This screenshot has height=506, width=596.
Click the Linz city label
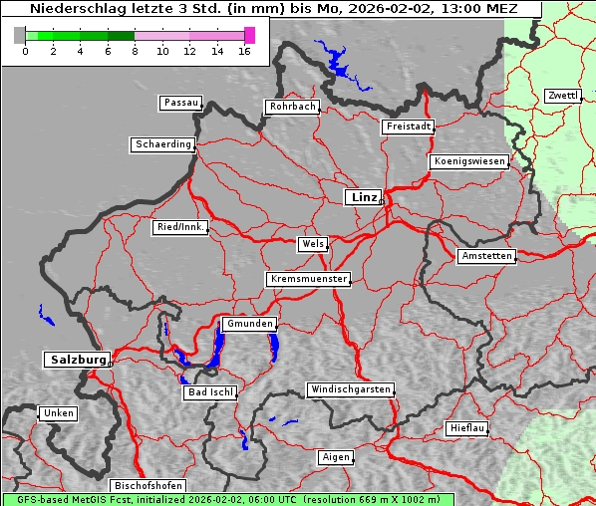click(x=363, y=197)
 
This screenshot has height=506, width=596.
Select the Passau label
click(x=180, y=103)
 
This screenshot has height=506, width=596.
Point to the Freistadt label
click(x=408, y=126)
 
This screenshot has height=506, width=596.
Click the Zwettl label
click(x=562, y=96)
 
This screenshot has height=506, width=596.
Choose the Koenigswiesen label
click(x=469, y=161)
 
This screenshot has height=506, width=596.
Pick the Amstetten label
click(x=485, y=256)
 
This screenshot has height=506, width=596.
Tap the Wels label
click(x=312, y=244)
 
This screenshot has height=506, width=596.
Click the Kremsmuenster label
click(x=308, y=279)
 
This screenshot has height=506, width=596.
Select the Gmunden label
click(x=248, y=324)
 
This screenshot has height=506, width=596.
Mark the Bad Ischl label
click(x=210, y=392)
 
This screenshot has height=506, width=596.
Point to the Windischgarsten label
click(x=350, y=389)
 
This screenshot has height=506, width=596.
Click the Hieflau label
click(x=467, y=428)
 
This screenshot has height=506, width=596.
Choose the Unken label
click(x=58, y=412)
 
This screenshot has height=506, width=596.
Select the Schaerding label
click(x=162, y=144)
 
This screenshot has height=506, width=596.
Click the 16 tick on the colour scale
click(x=244, y=50)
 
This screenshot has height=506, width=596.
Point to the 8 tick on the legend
click(x=135, y=50)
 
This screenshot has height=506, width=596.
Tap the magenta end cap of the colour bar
click(x=249, y=35)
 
